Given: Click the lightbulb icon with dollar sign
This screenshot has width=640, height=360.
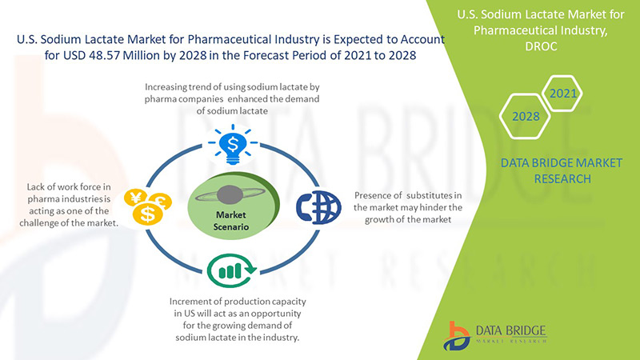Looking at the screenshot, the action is click(233, 145).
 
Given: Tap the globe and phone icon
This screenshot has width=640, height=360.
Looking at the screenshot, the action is click(318, 208).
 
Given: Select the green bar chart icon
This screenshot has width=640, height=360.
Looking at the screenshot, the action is click(231, 270).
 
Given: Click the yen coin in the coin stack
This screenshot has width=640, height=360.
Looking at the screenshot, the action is click(136, 198).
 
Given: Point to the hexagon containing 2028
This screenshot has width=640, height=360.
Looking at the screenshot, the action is click(526, 116).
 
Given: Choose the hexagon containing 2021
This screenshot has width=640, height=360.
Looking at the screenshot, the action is click(562, 94).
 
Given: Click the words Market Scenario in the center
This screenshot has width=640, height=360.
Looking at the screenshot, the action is click(231, 221).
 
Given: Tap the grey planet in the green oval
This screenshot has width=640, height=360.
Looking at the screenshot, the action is click(230, 194).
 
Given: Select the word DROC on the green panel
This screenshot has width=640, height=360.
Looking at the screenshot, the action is click(541, 46).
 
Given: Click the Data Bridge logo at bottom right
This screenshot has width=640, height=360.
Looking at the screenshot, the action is click(495, 335).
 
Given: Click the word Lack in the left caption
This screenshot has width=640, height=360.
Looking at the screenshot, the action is click(35, 187).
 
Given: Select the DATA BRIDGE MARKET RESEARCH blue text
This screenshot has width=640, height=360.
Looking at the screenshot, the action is click(562, 170).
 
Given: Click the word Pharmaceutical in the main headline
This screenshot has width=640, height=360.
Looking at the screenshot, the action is click(230, 39).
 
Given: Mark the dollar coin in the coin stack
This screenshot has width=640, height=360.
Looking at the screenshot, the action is click(148, 214).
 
